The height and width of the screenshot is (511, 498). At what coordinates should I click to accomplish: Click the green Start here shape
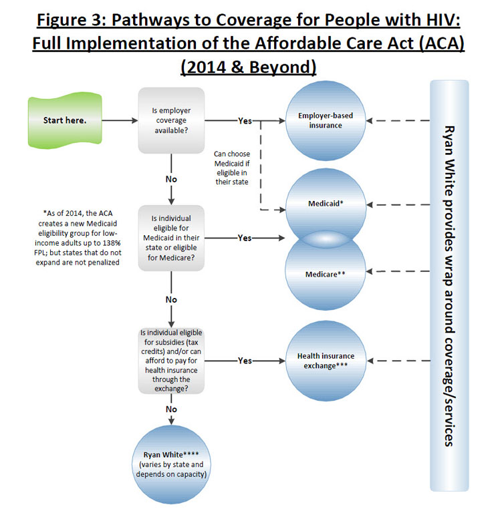[x=65, y=121]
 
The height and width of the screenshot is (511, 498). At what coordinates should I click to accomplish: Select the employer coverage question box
[x=171, y=120]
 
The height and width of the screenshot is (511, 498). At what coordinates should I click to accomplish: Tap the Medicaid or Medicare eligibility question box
[x=171, y=238]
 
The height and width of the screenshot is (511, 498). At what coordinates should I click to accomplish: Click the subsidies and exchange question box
[x=171, y=360]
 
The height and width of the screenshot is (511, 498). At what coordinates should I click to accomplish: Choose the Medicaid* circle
[x=325, y=203]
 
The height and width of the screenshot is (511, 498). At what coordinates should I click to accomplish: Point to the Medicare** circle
[x=325, y=274]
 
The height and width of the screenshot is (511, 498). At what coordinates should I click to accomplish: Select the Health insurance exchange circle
[x=326, y=360]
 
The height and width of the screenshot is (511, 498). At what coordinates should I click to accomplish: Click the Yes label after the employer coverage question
[x=245, y=121]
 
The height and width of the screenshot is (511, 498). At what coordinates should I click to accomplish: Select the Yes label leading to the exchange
[x=245, y=361]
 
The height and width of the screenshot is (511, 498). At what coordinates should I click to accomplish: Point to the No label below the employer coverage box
[x=172, y=179]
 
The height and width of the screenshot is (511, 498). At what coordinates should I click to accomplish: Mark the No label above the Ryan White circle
[x=172, y=409]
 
